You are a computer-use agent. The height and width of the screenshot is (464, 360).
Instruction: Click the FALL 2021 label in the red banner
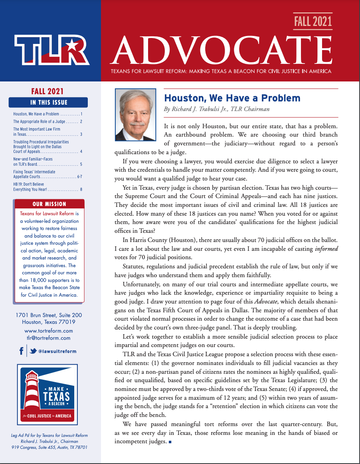[313, 22]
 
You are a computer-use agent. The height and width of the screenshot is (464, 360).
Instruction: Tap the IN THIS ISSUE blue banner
[48, 103]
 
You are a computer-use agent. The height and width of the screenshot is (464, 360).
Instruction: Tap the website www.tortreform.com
[49, 331]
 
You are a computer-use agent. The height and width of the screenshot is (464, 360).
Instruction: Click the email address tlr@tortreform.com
[48, 338]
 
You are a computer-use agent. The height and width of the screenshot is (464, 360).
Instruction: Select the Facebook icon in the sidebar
[21, 351]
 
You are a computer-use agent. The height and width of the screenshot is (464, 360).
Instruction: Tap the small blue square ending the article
[170, 442]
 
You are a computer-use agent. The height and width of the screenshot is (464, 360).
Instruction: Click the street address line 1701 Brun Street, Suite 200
[48, 315]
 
